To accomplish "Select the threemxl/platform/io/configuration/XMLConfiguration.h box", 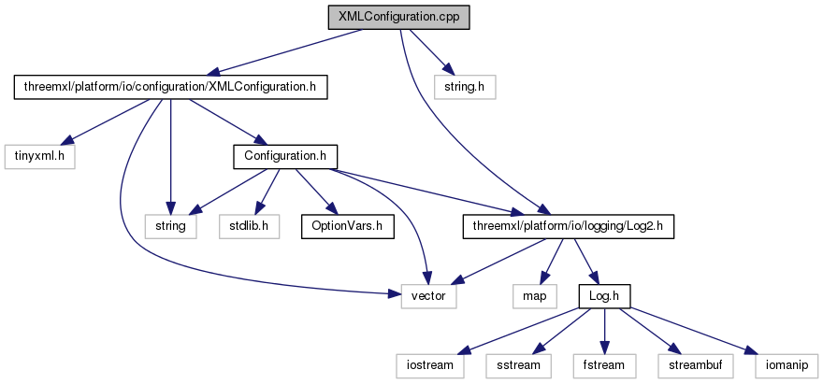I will [x=170, y=88].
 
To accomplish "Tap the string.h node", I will [x=465, y=88].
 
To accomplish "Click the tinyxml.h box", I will [x=38, y=156].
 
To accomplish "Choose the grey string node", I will [x=169, y=225].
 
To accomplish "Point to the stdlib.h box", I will [x=250, y=225].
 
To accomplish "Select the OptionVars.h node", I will [x=347, y=225].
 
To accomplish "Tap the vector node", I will [x=428, y=295].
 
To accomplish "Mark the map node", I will [x=534, y=295].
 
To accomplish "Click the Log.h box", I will [x=605, y=295].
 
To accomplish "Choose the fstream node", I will [x=605, y=364].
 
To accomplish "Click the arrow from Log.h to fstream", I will [x=605, y=330].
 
